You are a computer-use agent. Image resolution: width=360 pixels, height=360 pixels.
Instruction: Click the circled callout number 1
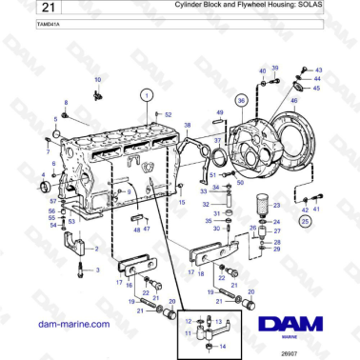click(x=146, y=94)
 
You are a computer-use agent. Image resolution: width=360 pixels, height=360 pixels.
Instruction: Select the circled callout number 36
click(x=241, y=99)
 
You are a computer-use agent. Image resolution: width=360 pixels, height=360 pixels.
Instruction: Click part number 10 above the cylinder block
click(x=97, y=79)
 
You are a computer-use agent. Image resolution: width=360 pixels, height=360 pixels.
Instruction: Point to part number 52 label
click(x=169, y=114)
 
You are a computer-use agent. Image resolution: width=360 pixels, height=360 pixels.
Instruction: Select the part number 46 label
click(x=293, y=100)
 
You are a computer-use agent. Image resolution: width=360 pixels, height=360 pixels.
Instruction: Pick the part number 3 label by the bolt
click(x=95, y=270)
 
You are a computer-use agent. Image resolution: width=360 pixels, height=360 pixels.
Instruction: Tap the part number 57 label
click(x=53, y=202)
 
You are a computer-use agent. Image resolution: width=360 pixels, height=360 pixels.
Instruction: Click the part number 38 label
click(x=187, y=126)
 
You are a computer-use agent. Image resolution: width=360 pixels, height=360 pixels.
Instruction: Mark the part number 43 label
click(x=318, y=70)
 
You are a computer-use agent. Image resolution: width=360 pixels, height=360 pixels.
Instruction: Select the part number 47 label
click(x=148, y=230)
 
